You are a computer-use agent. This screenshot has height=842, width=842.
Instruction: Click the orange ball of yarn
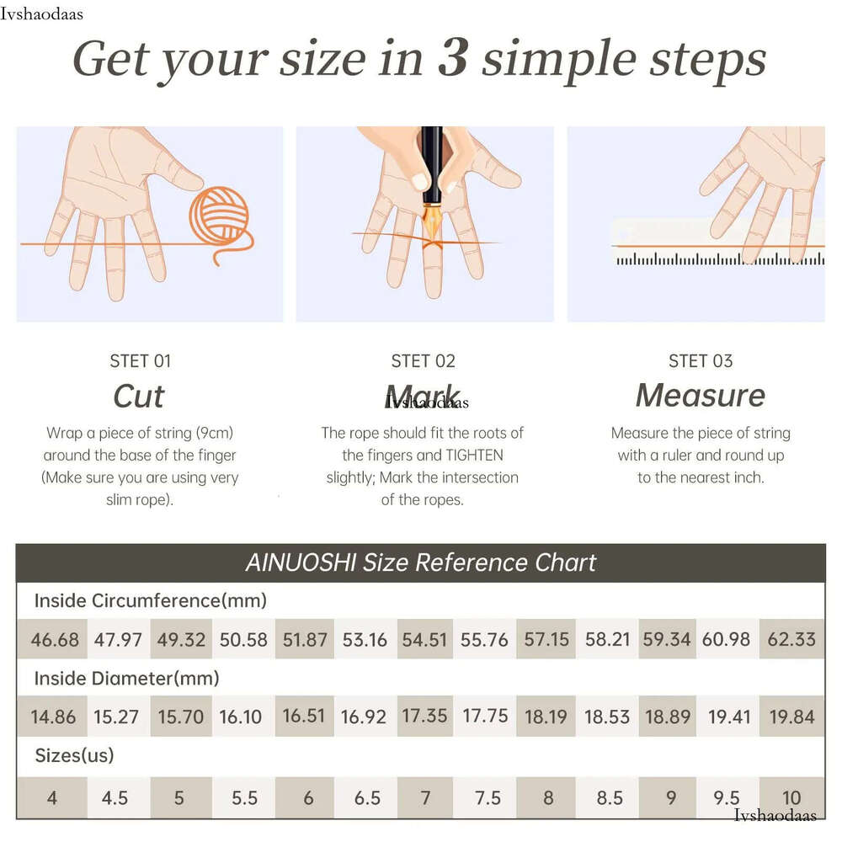(219, 216)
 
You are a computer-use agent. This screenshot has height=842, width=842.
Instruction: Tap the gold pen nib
(432, 223)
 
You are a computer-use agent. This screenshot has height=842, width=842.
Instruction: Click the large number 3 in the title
(453, 57)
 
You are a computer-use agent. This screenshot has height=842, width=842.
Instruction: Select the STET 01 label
(140, 361)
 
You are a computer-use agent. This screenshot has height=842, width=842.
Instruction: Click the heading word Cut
(139, 397)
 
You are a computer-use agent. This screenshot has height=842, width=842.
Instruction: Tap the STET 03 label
(701, 361)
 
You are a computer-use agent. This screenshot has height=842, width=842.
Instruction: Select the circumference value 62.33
(791, 639)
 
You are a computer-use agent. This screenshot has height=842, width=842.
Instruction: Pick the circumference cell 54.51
(424, 639)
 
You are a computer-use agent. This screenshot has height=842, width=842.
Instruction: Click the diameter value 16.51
(304, 716)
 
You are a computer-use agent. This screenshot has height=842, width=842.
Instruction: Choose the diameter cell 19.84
(791, 716)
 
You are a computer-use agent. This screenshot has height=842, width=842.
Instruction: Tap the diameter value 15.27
(116, 717)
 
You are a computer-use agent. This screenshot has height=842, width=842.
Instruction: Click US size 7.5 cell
(487, 798)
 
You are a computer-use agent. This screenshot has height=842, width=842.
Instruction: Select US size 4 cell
(52, 797)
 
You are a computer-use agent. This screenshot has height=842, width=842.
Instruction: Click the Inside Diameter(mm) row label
(127, 678)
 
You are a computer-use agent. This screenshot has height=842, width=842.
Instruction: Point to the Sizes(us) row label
(74, 755)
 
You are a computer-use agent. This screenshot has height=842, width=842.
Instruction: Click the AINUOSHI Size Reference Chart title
(421, 562)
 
